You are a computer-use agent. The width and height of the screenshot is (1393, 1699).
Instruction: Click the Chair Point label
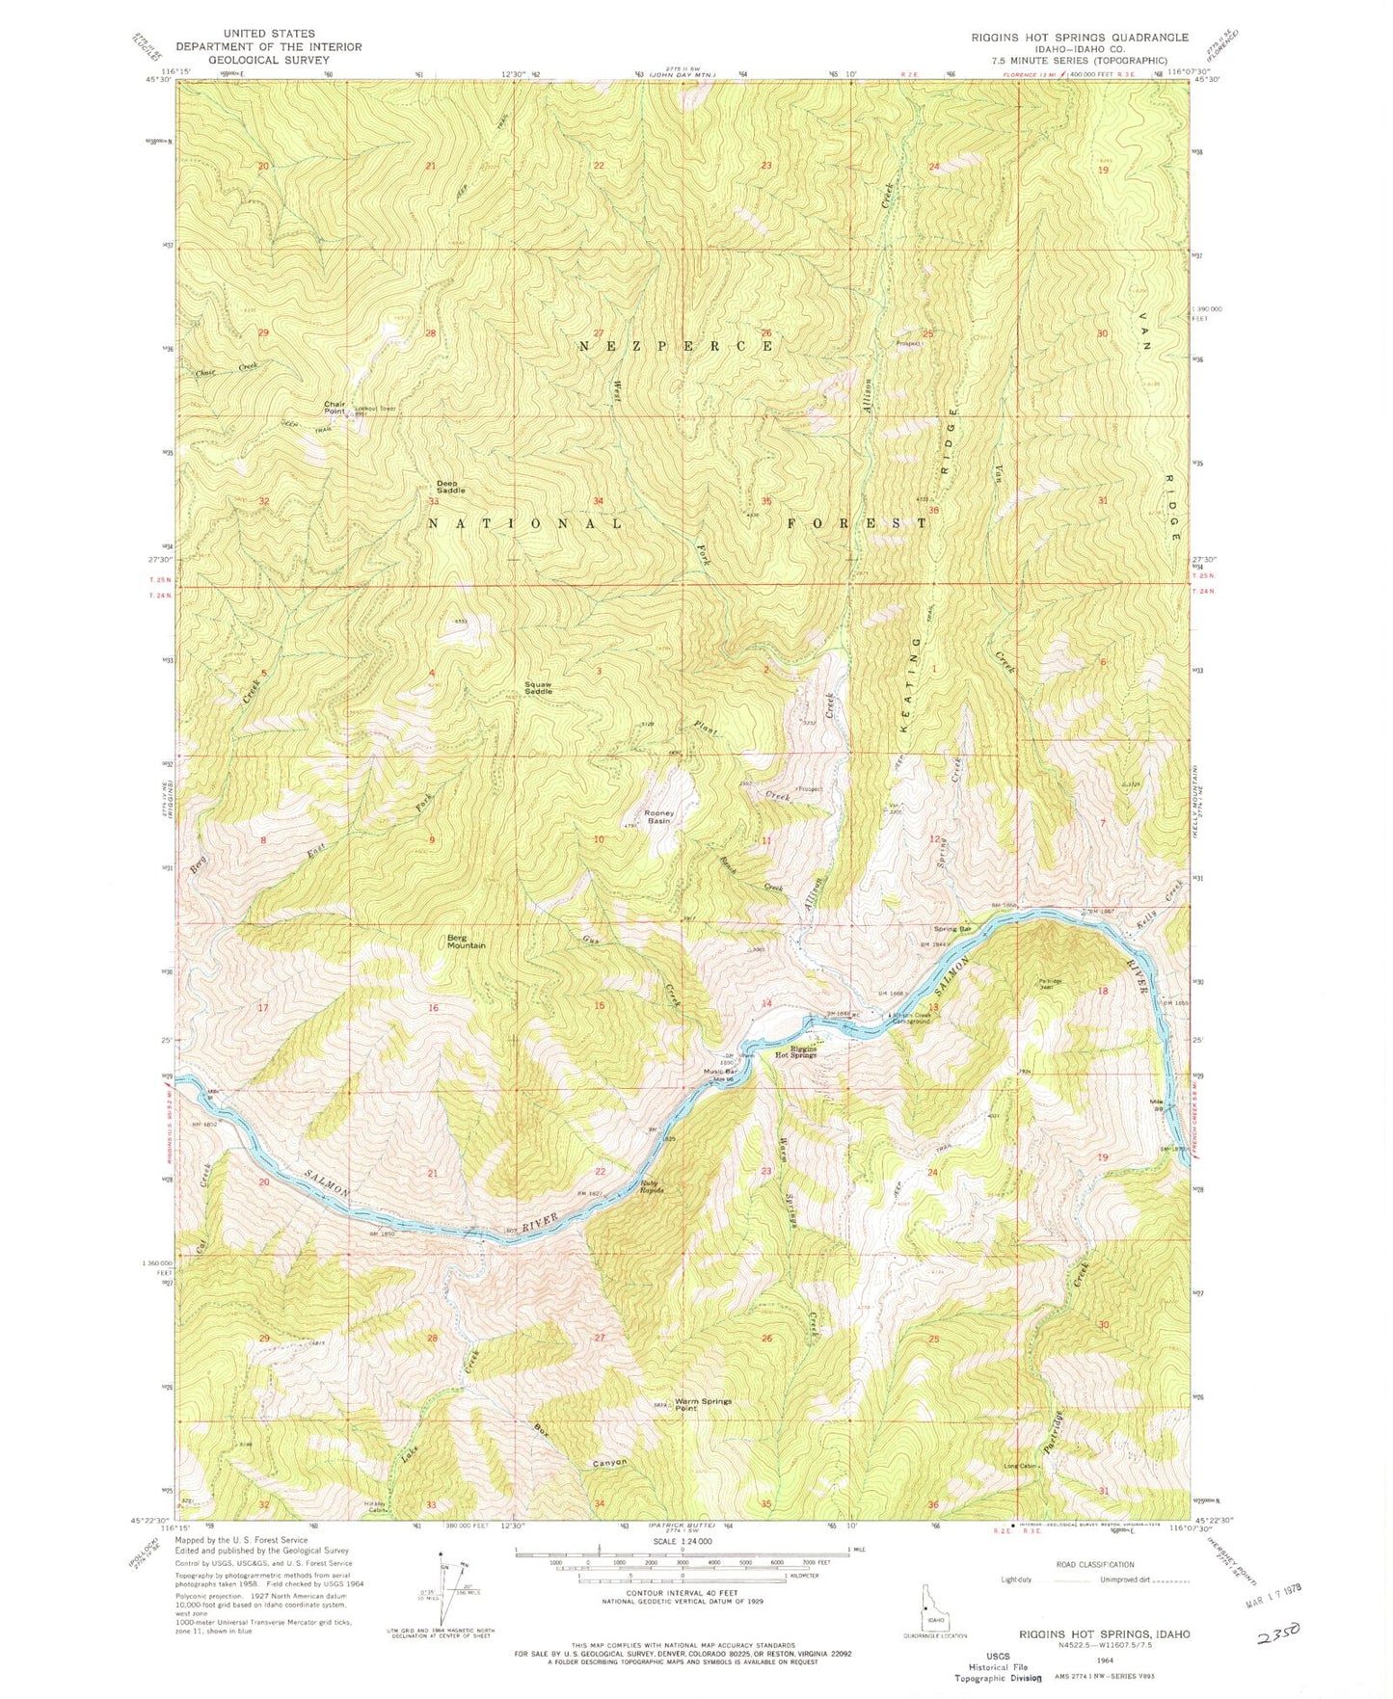coord(335,408)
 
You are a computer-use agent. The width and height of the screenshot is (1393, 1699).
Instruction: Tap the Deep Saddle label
coord(450,487)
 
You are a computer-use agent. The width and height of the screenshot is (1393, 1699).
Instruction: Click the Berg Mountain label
coord(466,941)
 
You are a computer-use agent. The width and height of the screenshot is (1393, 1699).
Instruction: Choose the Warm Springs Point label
coord(703,1404)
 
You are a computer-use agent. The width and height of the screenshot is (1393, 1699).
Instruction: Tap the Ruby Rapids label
coord(652,1187)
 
